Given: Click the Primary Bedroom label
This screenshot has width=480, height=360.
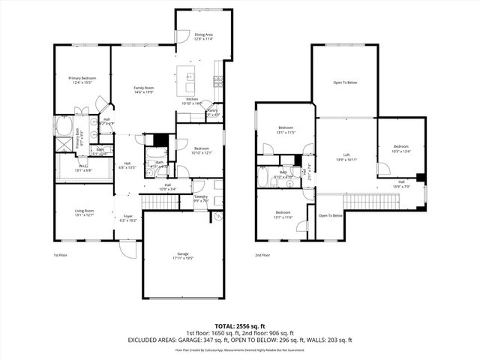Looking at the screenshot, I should pyautogui.click(x=82, y=78).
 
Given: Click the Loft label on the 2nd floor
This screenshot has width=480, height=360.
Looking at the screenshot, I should pyautogui.click(x=346, y=155).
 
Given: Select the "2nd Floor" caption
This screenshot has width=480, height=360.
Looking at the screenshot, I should pyautogui.click(x=262, y=256).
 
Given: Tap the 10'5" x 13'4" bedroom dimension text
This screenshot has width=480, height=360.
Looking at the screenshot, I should pyautogui.click(x=401, y=151).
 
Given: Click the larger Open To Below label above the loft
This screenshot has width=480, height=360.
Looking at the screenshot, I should pyautogui.click(x=345, y=82).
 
